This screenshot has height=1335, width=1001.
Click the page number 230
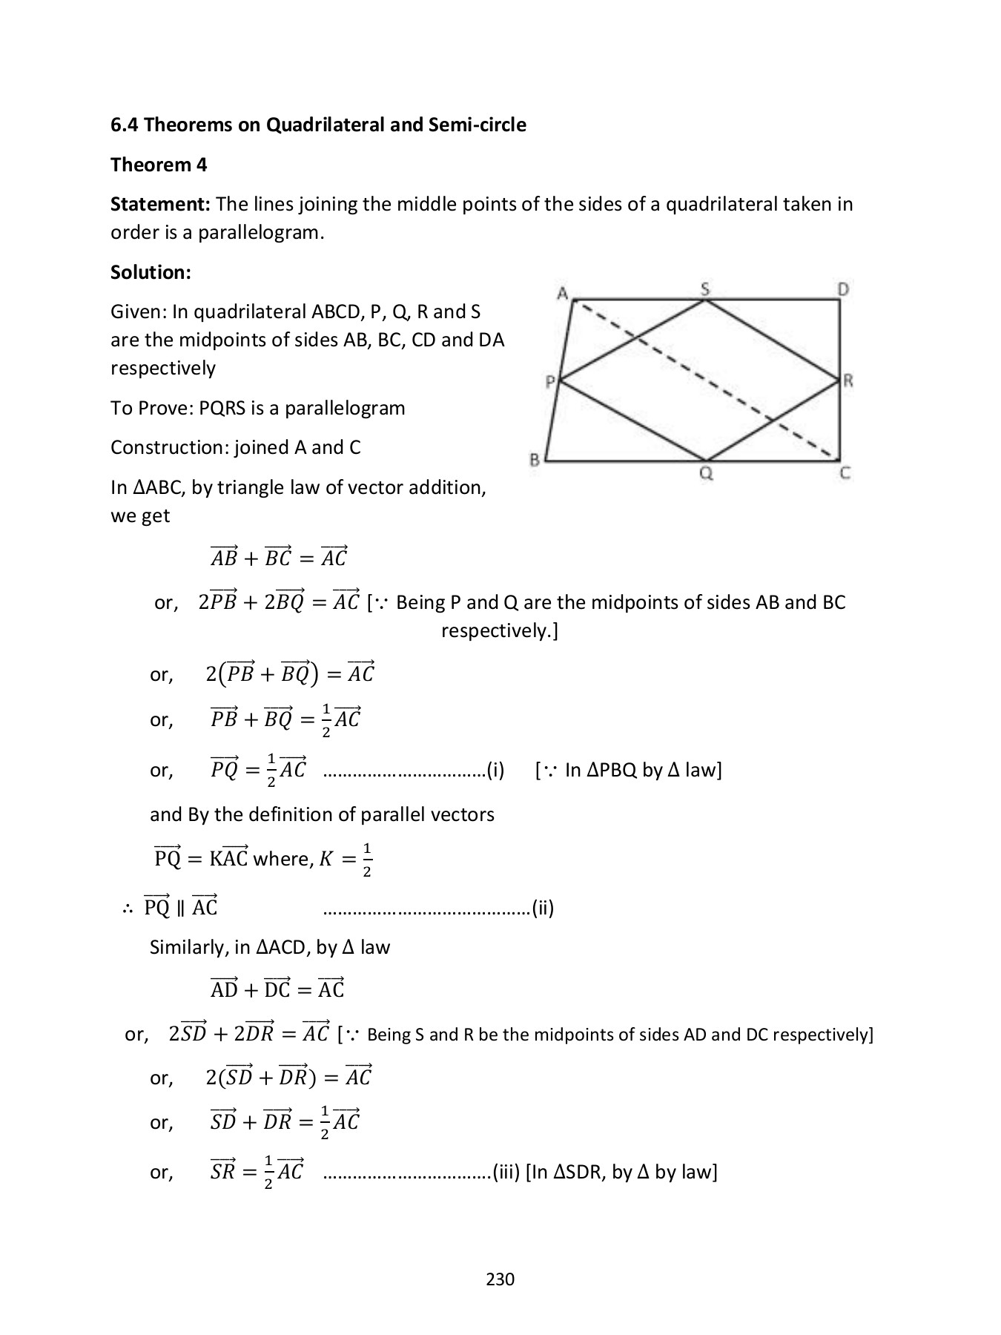point(500,1279)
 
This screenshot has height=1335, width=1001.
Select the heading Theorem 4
point(159,165)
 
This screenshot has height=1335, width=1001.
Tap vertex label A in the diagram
point(563,294)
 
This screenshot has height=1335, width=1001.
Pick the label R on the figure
point(848,381)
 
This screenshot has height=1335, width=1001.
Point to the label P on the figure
point(549,382)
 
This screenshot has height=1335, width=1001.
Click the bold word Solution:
point(151,272)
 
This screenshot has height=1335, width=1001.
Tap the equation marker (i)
point(495,770)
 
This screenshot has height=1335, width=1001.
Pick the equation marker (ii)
point(543,908)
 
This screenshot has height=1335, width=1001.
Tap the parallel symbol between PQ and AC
point(181,908)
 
